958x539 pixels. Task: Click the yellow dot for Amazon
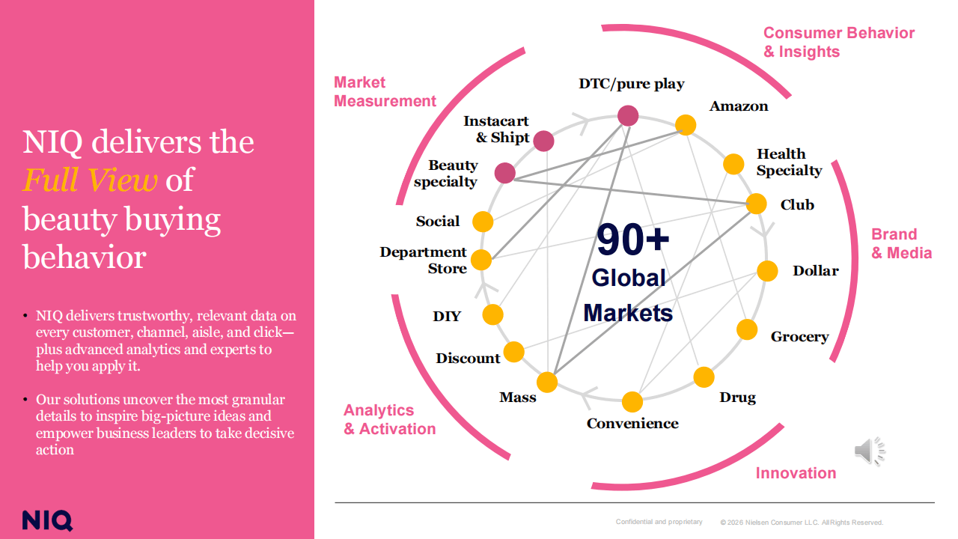click(686, 125)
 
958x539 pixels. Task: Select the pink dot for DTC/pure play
click(628, 115)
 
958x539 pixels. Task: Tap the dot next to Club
click(756, 204)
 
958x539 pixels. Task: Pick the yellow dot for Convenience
click(632, 402)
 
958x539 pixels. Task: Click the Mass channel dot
click(547, 382)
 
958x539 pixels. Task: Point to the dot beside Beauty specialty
click(505, 173)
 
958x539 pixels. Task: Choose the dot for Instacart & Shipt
click(544, 141)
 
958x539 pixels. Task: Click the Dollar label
click(816, 271)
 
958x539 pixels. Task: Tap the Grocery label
click(799, 337)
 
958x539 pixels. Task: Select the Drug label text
click(737, 398)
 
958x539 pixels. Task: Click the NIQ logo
click(47, 520)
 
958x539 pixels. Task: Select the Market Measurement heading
click(385, 91)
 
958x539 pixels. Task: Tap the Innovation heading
click(796, 473)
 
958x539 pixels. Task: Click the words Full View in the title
click(90, 180)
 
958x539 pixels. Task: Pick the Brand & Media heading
click(901, 243)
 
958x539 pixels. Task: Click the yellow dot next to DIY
click(492, 314)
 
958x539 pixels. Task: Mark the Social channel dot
click(483, 222)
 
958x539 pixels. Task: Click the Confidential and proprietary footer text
click(659, 522)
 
